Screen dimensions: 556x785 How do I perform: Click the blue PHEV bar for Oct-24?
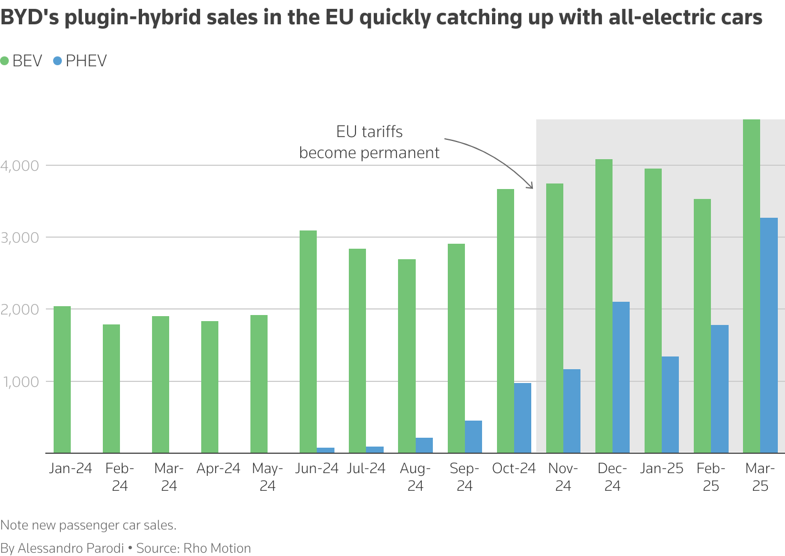point(522,418)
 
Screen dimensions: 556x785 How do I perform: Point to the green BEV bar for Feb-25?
point(702,326)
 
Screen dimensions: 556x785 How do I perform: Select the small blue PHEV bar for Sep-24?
point(473,437)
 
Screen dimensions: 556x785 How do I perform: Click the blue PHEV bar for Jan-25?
point(670,405)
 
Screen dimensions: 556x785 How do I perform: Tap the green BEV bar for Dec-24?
point(604,306)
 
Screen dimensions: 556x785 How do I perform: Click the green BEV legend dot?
point(5,61)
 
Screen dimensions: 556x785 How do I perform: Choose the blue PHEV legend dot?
point(57,61)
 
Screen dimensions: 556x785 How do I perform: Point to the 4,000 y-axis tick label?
point(20,166)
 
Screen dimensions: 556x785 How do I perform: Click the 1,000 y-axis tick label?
point(20,382)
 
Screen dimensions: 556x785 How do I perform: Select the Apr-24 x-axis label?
point(218,469)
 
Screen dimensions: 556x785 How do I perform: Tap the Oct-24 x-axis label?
point(514,469)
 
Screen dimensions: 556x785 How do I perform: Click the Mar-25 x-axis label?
point(760,477)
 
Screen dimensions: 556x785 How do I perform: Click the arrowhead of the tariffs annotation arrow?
point(531,186)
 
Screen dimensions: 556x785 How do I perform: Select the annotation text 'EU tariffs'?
point(369,132)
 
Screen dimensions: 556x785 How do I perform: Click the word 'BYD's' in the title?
point(30,18)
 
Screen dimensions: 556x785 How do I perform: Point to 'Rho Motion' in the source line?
point(217,548)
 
